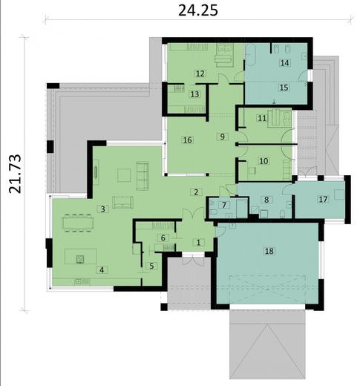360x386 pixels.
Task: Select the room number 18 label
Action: click(269, 252)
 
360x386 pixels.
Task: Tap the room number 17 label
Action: click(323, 199)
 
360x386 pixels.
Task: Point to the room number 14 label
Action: click(284, 64)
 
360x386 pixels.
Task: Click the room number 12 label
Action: click(200, 73)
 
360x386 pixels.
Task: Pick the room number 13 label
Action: click(194, 94)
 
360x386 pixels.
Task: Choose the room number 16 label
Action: click(187, 140)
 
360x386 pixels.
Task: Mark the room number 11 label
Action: click(262, 118)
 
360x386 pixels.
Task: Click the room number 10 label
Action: click(263, 160)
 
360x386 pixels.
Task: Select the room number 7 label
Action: click(223, 205)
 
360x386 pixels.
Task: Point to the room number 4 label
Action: click(102, 269)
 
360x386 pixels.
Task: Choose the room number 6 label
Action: click(163, 238)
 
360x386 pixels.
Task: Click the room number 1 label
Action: click(198, 242)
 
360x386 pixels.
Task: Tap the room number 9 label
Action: click(221, 137)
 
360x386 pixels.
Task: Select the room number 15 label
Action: click(284, 87)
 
